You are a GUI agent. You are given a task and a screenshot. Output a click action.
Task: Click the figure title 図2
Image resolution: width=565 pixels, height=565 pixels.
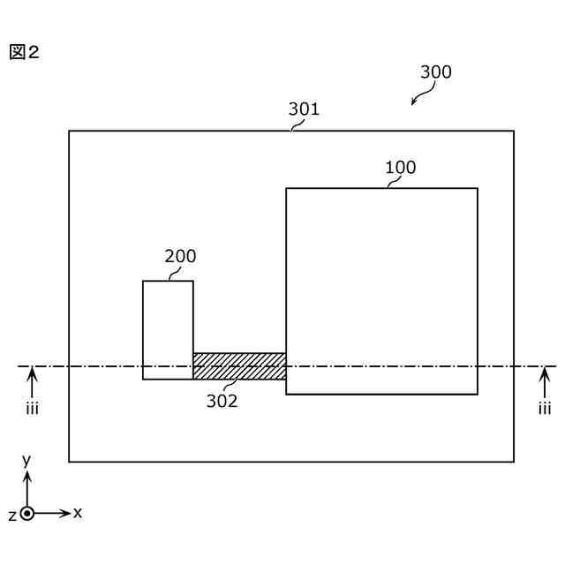coord(25,52)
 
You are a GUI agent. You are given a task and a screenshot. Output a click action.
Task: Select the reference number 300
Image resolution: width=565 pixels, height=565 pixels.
coord(435,72)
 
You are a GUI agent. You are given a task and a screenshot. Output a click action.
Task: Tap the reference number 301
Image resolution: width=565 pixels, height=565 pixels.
coord(304,109)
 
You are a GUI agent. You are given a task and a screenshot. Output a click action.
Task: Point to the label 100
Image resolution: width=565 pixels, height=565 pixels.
coord(400,168)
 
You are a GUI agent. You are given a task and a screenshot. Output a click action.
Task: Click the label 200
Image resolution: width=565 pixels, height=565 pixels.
coord(180,257)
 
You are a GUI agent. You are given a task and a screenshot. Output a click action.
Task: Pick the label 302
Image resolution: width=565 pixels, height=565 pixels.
coord(222,400)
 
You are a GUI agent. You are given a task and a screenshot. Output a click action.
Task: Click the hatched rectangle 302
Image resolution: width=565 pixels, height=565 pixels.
coord(239,366)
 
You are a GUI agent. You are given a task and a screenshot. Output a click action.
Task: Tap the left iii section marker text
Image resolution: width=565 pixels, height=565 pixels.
coord(32,408)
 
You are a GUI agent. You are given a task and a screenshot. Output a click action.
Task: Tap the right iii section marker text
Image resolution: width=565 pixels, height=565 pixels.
coord(545,408)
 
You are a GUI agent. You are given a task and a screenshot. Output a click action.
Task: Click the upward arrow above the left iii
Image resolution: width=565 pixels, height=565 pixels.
coord(33,381)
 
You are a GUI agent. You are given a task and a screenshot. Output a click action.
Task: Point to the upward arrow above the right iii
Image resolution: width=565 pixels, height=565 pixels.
coord(545,381)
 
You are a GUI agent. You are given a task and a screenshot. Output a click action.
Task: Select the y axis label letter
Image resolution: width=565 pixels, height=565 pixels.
coord(27,459)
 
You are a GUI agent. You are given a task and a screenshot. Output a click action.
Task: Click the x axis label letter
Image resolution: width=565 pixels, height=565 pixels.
coord(78,512)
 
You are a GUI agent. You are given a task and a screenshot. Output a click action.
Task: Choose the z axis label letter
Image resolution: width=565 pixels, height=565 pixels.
coord(11,514)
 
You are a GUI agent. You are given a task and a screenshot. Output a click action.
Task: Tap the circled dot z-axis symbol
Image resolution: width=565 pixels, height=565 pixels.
coord(27,513)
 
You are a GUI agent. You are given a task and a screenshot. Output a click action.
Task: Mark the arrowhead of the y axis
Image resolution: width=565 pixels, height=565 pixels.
coord(27,475)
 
